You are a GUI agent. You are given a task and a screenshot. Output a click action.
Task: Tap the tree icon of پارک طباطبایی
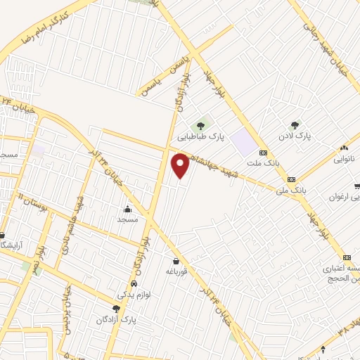202,126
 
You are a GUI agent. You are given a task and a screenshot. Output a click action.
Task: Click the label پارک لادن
293,134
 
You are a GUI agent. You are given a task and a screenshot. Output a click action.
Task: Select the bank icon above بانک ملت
263,153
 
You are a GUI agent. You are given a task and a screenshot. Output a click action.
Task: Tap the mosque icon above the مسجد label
127,209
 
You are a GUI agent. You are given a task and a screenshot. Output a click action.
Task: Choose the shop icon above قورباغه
174,261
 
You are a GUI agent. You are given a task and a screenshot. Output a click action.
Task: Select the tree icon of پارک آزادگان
115,309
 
